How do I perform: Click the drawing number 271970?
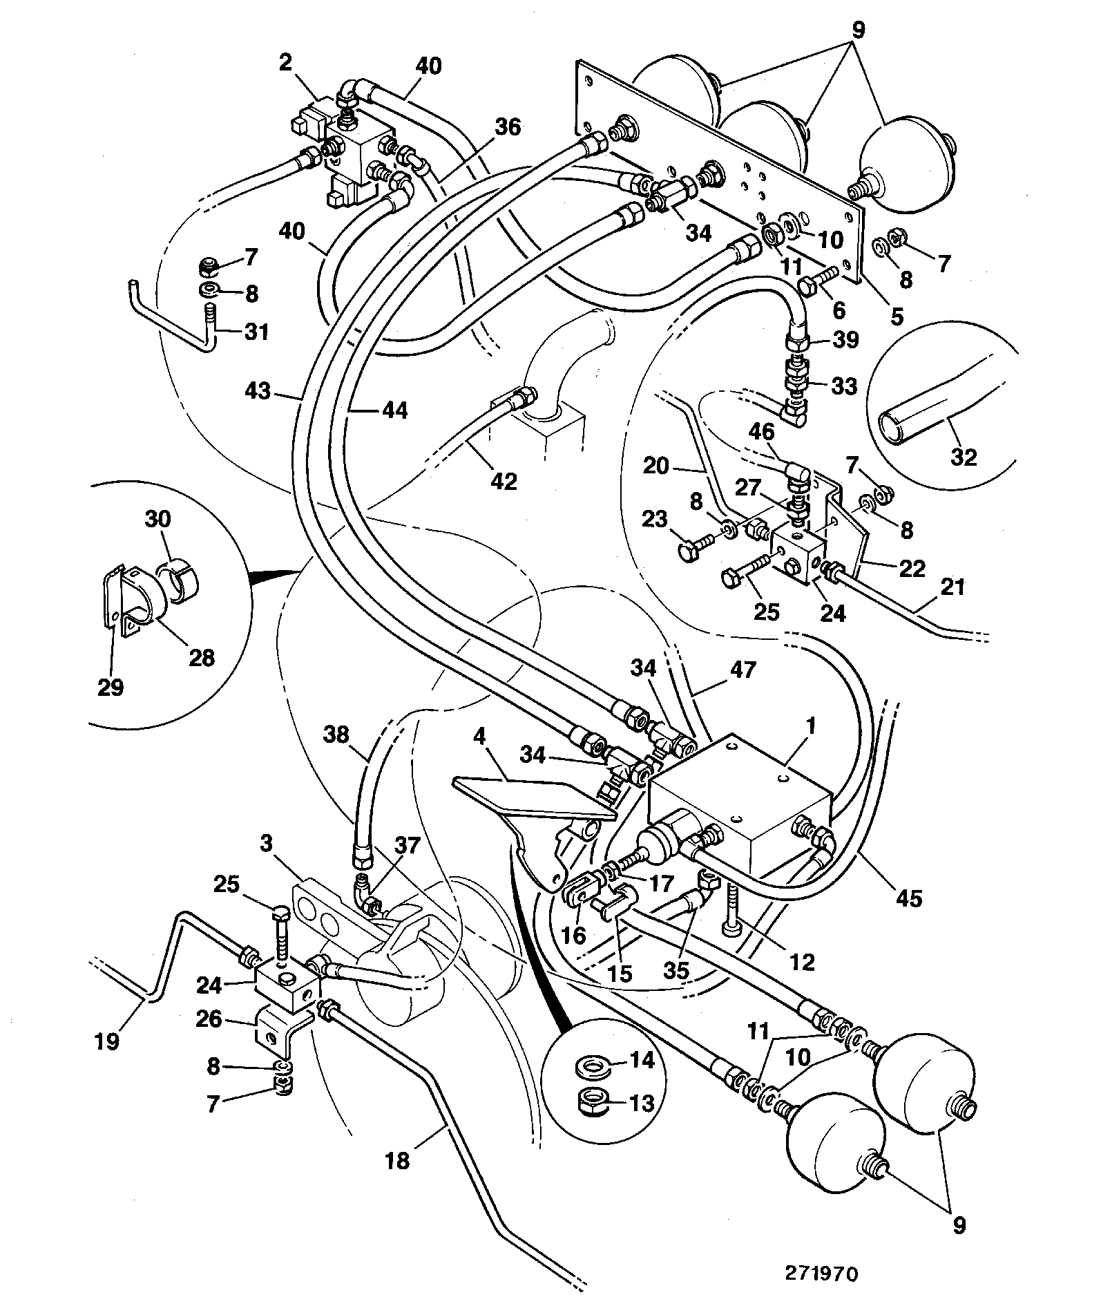(820, 1274)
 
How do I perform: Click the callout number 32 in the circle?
(964, 456)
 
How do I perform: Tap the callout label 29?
(111, 687)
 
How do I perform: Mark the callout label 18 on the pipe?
(398, 1160)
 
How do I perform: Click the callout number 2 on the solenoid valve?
(285, 64)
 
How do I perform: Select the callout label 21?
(952, 587)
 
